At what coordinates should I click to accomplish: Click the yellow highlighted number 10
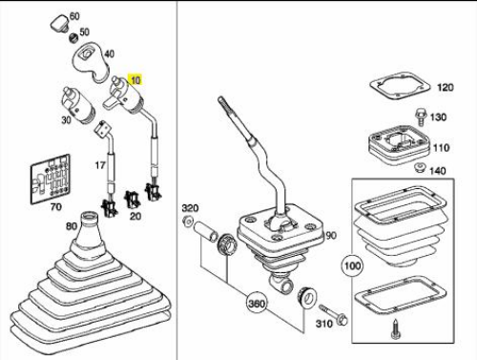click(135, 80)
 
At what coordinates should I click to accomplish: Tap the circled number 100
click(352, 265)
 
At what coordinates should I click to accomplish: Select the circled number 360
click(257, 304)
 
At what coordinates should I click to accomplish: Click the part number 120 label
click(446, 87)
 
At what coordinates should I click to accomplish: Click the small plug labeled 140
click(421, 168)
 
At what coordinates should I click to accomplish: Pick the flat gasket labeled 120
click(400, 84)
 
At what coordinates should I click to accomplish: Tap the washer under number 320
click(187, 221)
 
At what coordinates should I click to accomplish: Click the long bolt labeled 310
click(333, 313)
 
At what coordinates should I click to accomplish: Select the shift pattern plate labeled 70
click(51, 180)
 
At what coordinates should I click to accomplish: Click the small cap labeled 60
click(59, 24)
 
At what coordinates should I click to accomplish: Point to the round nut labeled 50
click(73, 38)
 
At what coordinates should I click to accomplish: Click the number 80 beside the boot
click(72, 226)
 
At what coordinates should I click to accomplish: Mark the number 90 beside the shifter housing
click(331, 236)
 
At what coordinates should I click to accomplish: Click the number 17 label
click(100, 165)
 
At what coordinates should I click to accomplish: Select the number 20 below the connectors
click(135, 216)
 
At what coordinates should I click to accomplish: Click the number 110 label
click(442, 148)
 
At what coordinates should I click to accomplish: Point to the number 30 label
click(66, 120)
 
